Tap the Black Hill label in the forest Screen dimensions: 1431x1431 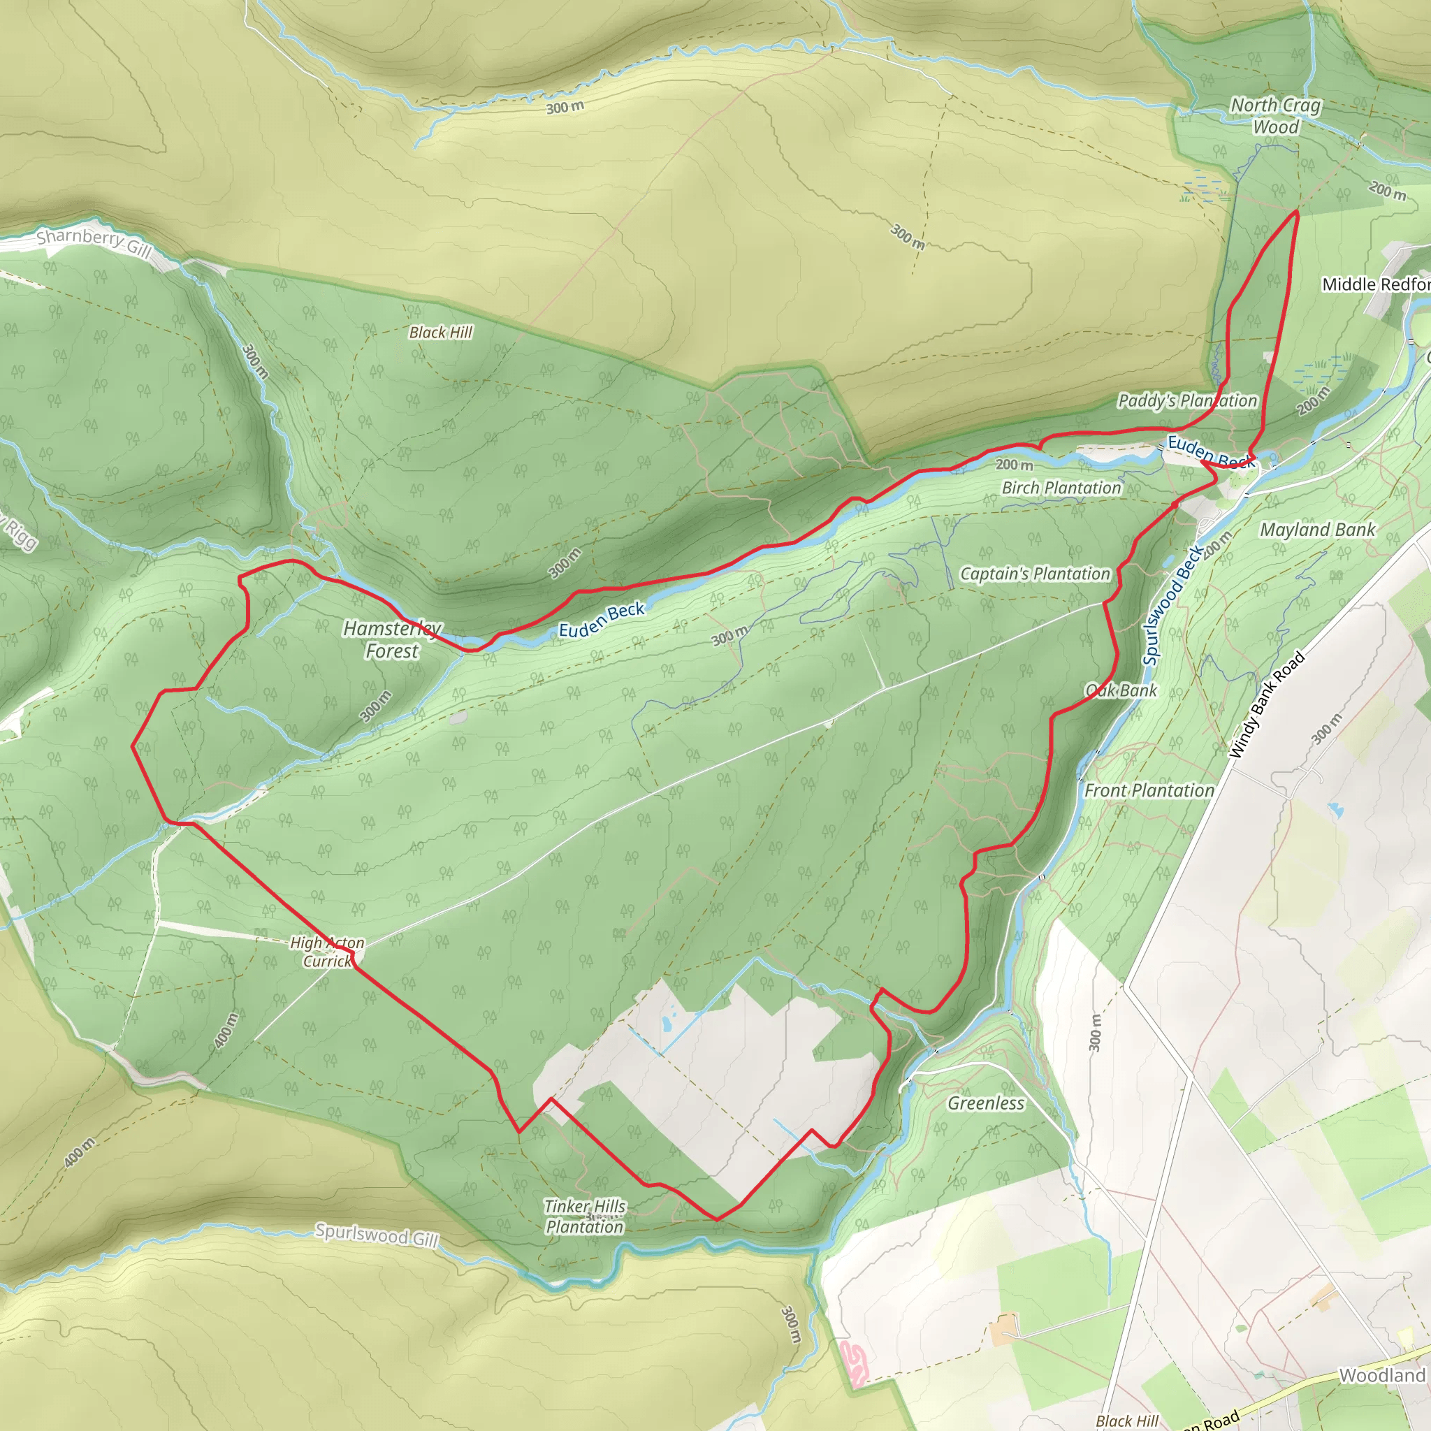[441, 333]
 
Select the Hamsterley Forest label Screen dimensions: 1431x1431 [392, 640]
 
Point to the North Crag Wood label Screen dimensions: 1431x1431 [1275, 116]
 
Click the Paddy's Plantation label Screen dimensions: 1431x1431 [1187, 400]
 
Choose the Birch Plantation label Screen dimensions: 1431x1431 [1061, 488]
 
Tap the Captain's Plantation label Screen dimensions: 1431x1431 [1035, 574]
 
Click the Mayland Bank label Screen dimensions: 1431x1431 [1318, 530]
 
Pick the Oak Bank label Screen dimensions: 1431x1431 [1121, 690]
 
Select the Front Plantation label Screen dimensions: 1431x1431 [1149, 791]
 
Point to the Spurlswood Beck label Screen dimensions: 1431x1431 [1172, 606]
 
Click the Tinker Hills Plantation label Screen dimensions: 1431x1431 [585, 1217]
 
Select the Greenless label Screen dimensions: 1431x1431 [986, 1103]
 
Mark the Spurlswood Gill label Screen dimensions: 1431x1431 [377, 1235]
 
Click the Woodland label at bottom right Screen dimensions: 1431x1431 [1382, 1375]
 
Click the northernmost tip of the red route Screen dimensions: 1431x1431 [1296, 212]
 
